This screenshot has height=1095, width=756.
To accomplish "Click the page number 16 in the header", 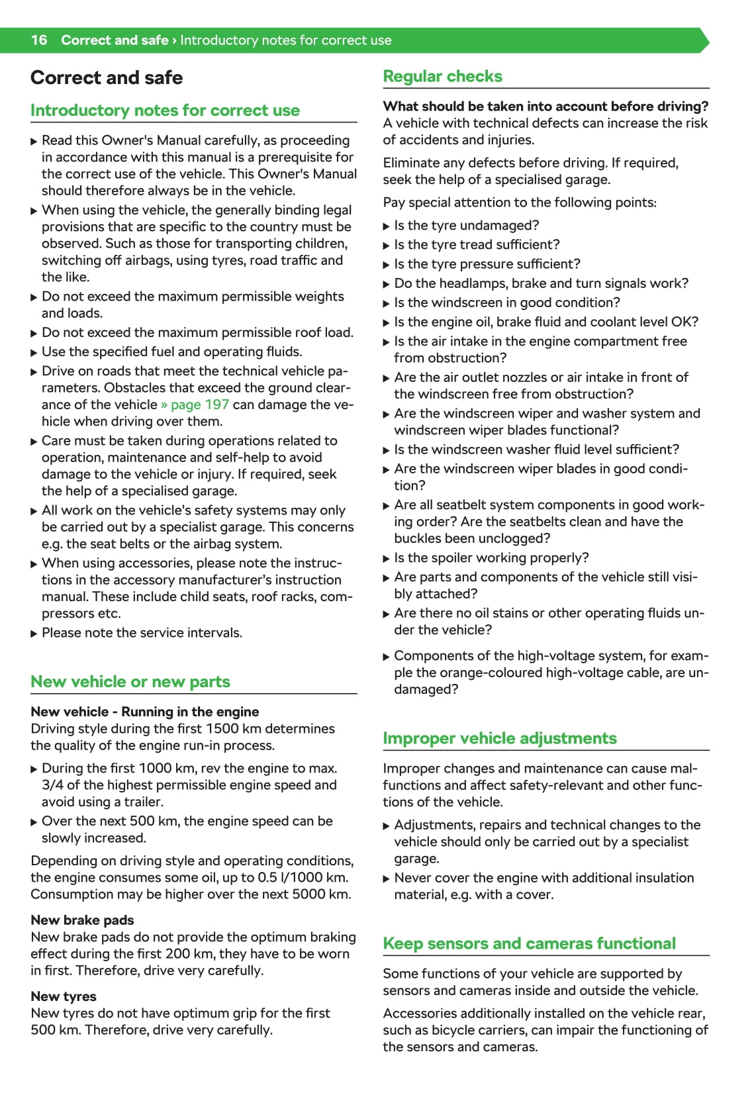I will point(39,40).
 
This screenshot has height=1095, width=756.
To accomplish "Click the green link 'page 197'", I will point(199,405).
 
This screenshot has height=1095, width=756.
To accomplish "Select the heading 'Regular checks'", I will point(442,77).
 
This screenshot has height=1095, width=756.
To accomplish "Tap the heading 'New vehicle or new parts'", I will point(130,682).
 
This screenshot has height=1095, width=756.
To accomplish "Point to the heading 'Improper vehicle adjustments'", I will point(500,738).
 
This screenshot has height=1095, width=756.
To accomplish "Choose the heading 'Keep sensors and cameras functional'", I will point(529,943).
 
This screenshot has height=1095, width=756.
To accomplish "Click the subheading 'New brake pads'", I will point(82,920).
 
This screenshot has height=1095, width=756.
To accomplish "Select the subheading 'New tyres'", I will point(64,996).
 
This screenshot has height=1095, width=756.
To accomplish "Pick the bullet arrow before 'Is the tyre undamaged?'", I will point(387,226).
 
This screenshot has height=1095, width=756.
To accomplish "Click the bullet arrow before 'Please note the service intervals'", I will point(34,634).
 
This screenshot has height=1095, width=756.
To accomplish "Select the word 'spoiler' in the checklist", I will point(441,558).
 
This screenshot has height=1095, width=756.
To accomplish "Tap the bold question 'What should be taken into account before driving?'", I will point(545,107).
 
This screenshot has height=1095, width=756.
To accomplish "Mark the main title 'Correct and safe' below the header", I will point(107,78).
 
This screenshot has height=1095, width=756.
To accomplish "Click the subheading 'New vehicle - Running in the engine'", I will point(145,712).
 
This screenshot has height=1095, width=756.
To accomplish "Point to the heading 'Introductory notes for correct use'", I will point(165,111).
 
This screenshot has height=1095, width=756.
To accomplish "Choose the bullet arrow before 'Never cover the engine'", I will point(387,879).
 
